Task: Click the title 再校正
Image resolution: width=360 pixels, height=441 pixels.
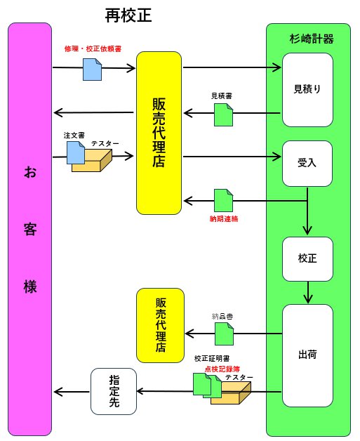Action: [128, 15]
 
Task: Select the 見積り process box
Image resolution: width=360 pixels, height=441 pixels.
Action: [307, 90]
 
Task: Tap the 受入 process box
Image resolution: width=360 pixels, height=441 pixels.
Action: [307, 164]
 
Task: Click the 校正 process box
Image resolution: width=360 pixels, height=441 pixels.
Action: [307, 258]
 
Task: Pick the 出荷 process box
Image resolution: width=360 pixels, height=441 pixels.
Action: [307, 355]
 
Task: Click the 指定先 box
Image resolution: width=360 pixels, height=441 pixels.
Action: [114, 391]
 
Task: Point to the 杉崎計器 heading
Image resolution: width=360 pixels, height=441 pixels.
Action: [312, 39]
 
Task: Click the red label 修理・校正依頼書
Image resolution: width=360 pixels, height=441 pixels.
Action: [93, 49]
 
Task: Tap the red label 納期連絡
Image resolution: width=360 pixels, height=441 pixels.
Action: [224, 219]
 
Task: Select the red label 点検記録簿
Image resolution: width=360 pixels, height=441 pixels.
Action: [222, 369]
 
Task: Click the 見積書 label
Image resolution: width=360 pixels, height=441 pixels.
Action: [222, 96]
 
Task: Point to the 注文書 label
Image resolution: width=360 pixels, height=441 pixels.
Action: [74, 136]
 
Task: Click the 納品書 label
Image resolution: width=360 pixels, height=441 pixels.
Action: [222, 317]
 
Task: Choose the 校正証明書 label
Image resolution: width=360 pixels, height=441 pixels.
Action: [212, 359]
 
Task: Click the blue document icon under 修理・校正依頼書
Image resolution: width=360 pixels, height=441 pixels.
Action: [92, 70]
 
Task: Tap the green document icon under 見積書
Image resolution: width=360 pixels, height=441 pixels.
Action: [224, 114]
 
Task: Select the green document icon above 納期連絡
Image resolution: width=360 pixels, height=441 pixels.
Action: [224, 200]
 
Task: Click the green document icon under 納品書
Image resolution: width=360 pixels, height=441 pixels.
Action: [225, 334]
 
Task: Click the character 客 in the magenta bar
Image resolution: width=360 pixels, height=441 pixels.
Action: [30, 229]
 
